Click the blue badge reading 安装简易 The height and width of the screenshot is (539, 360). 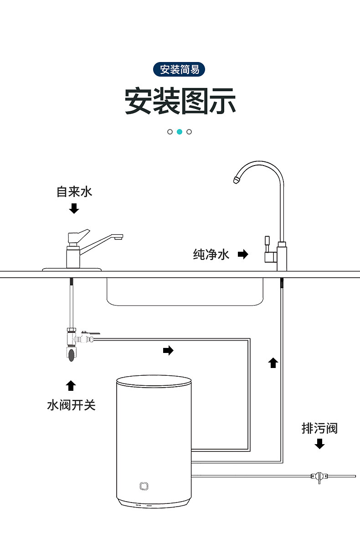coord(180,70)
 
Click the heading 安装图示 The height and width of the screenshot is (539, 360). coord(180,101)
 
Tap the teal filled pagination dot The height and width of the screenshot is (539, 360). coord(180,132)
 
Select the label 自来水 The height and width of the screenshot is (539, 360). coord(74,192)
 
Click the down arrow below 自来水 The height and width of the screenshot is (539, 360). coord(74,209)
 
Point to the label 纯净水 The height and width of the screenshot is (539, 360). coord(211,254)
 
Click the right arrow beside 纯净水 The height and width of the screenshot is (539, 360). coord(243,254)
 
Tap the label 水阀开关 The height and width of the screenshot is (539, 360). coord(72,405)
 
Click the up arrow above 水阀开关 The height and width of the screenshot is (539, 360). coord(71,385)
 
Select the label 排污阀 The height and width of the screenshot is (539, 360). coord(320,429)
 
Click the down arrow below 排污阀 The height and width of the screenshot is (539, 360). coord(320,444)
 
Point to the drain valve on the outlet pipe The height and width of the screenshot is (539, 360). coord(320,477)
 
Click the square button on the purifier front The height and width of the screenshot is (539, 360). coord(144,486)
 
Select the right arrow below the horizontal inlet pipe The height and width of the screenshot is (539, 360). coord(168,350)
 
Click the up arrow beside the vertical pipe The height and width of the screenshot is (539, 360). coord(273,363)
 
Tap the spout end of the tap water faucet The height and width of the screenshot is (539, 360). coord(118,237)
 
